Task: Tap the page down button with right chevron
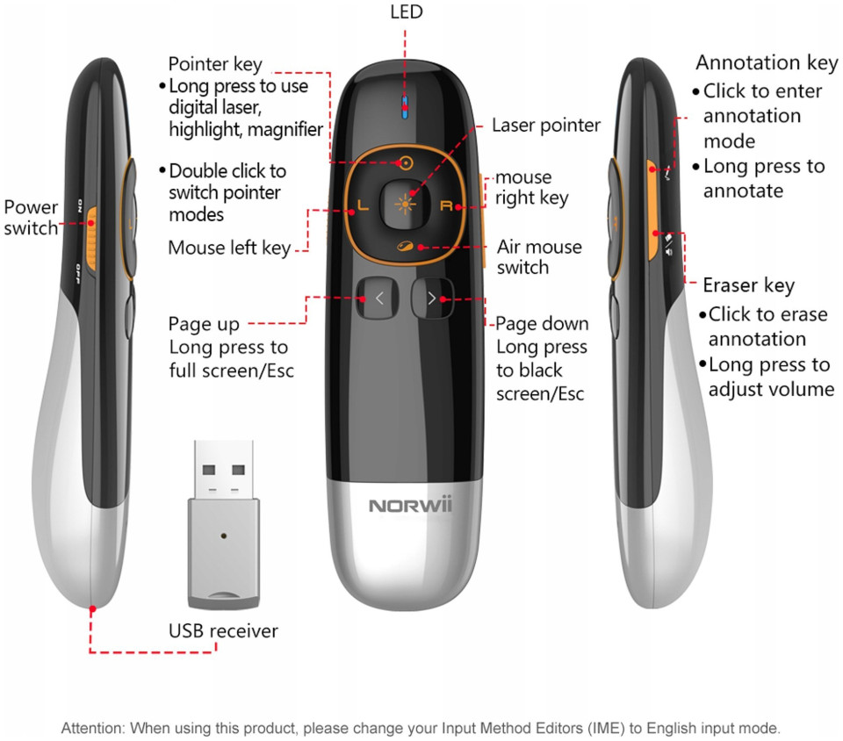pyautogui.click(x=431, y=299)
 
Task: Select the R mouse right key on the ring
pyautogui.click(x=446, y=207)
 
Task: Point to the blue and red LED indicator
pyautogui.click(x=405, y=107)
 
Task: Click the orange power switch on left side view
pyautogui.click(x=92, y=225)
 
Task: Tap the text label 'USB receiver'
pyautogui.click(x=223, y=630)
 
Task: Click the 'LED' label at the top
pyautogui.click(x=406, y=11)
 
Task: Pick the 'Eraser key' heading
pyautogui.click(x=748, y=285)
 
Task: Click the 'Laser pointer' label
pyautogui.click(x=545, y=126)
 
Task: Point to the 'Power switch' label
pyautogui.click(x=31, y=218)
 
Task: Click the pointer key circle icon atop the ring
pyautogui.click(x=405, y=162)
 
